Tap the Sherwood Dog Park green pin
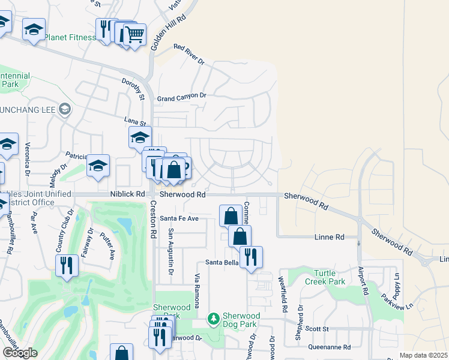click(212, 318)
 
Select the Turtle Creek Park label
click(325, 277)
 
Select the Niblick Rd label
click(128, 194)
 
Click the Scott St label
click(316, 329)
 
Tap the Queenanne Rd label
click(328, 347)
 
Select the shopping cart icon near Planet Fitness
click(135, 34)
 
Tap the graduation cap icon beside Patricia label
click(98, 166)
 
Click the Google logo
click(20, 353)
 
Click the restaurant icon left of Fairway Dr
click(67, 265)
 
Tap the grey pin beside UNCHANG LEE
click(65, 109)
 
